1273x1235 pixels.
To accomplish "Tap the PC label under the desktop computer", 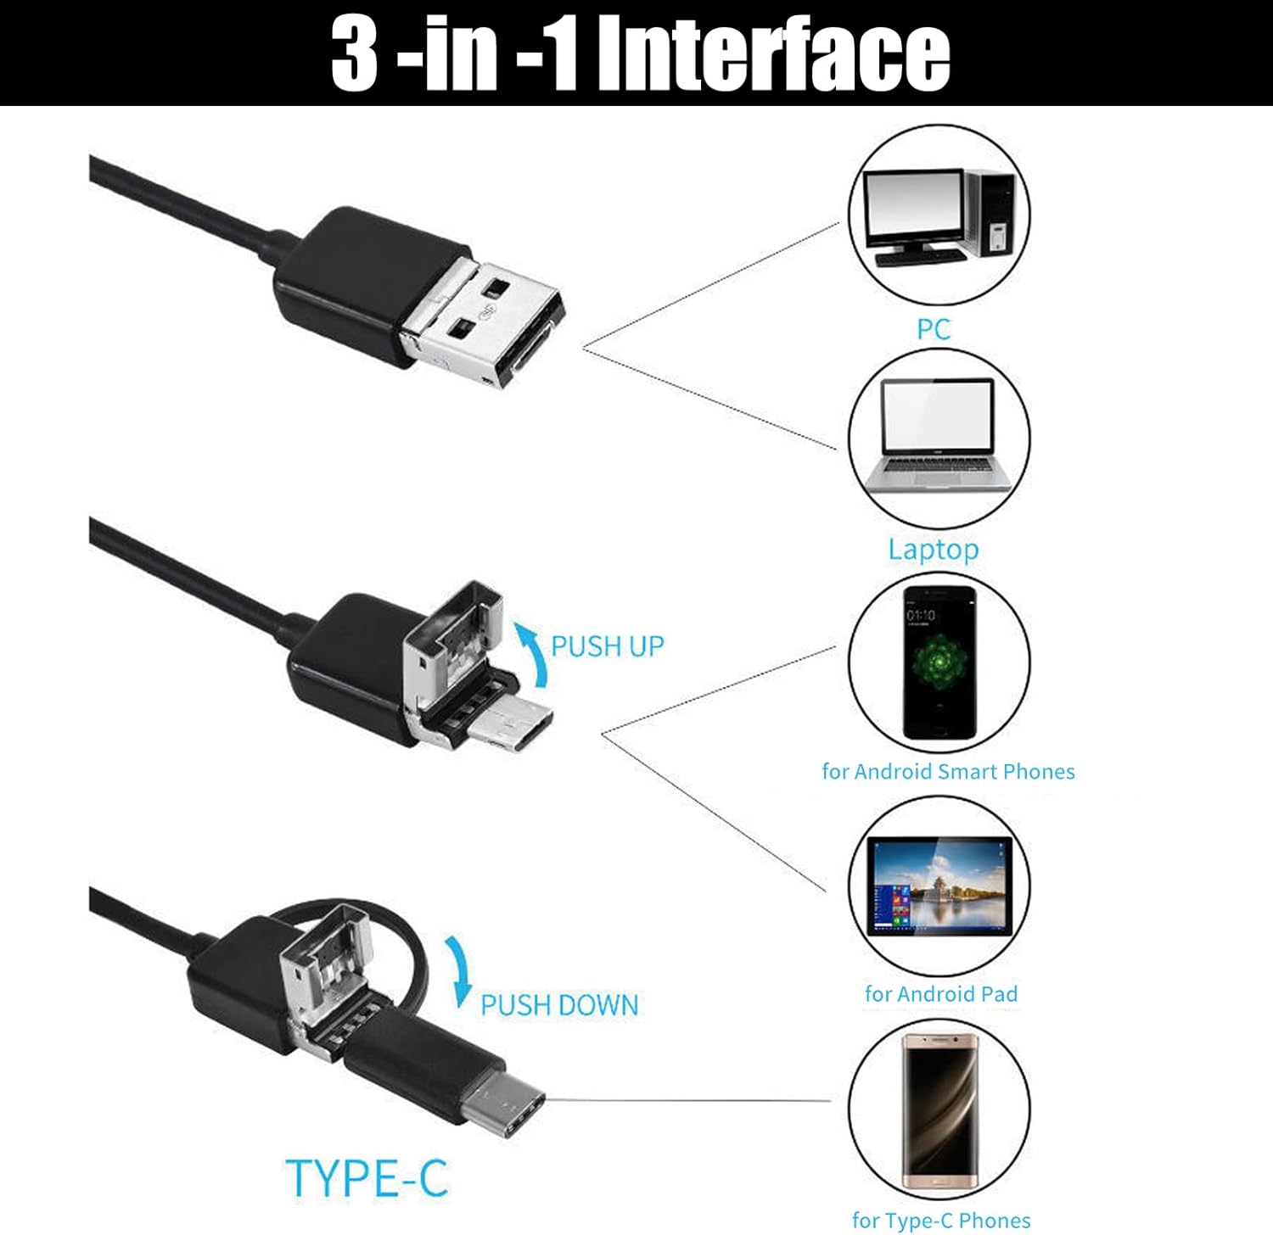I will click(x=933, y=329).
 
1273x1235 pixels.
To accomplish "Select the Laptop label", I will click(x=933, y=550).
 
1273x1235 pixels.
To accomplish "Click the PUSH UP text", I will click(x=608, y=646).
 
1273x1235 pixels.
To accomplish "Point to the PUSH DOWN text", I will click(x=559, y=1005).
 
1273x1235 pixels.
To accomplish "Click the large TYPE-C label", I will click(x=367, y=1178).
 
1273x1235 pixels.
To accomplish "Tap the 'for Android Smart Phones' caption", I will click(x=948, y=772).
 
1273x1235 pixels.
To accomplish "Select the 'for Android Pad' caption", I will click(x=940, y=994).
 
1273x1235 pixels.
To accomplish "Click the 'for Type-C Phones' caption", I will click(x=941, y=1221).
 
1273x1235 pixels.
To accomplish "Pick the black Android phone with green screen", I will click(x=939, y=662).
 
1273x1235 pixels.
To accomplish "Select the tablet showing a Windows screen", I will click(x=939, y=886).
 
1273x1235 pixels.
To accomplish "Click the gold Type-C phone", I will click(x=940, y=1111).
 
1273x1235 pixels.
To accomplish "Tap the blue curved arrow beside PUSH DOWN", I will click(x=460, y=971).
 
